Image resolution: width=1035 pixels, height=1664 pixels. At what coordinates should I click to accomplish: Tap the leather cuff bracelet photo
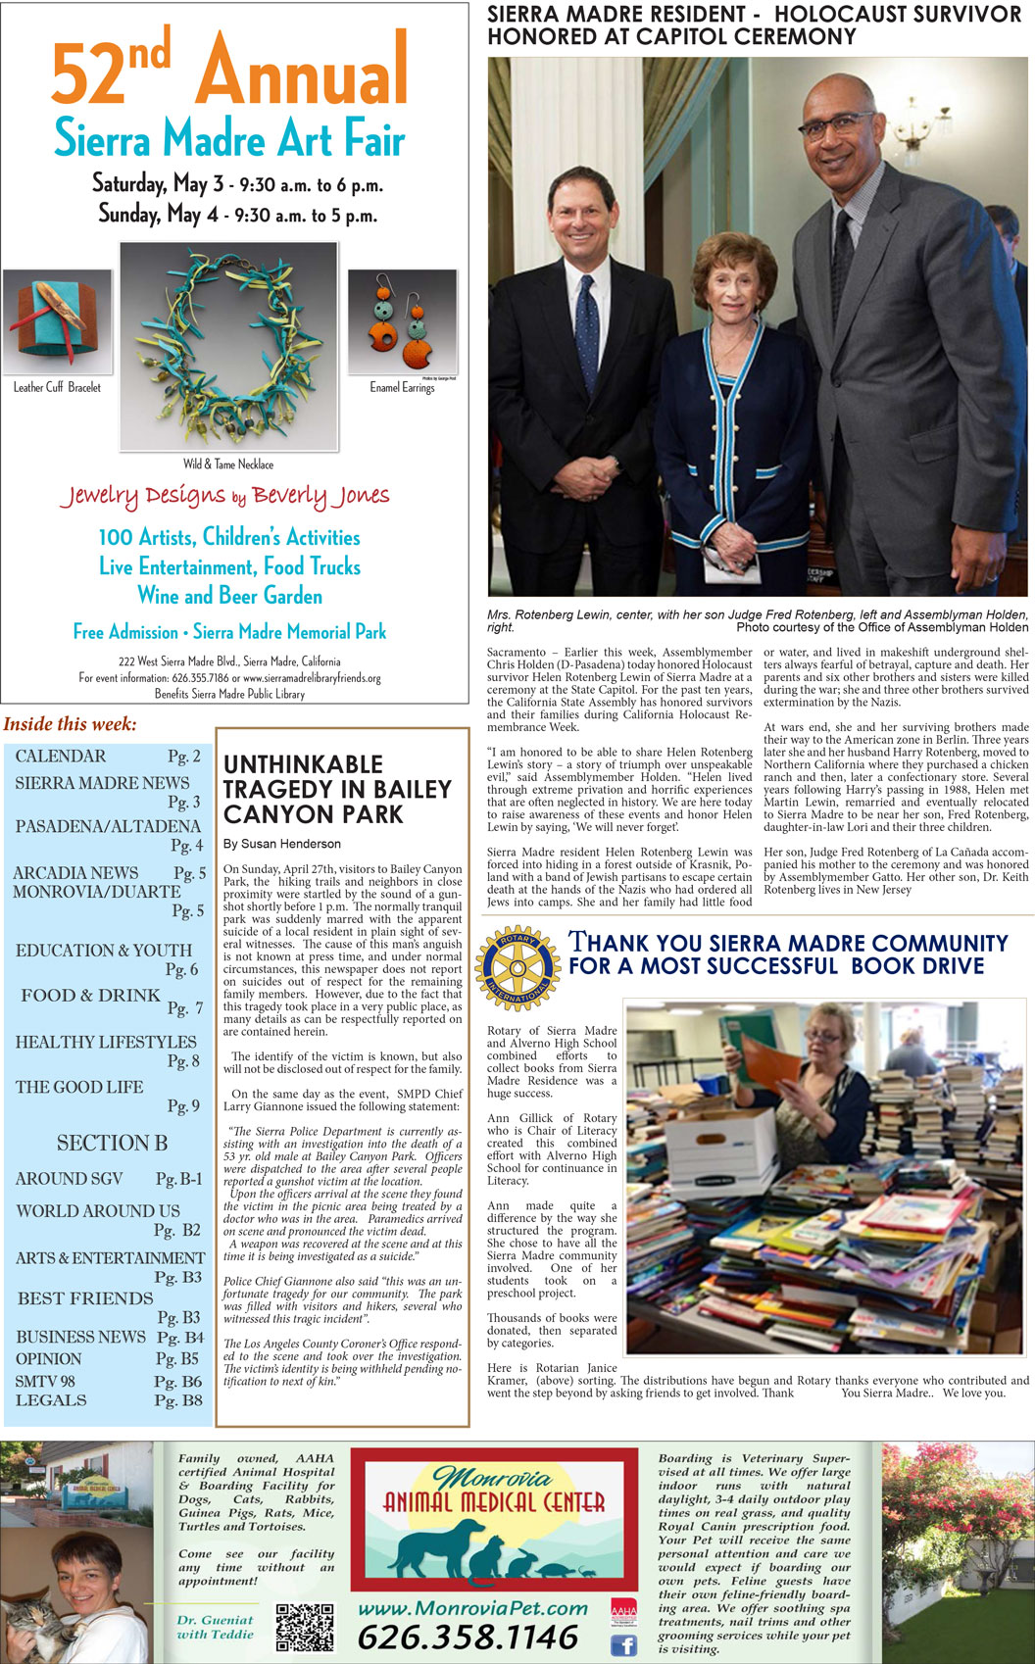[56, 323]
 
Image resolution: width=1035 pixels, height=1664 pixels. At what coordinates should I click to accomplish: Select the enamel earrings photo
[402, 320]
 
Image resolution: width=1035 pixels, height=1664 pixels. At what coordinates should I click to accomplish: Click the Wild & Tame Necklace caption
[228, 465]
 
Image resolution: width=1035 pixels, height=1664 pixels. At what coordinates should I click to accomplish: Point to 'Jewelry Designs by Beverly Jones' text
[224, 496]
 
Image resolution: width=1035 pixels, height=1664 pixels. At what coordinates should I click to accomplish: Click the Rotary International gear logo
[516, 968]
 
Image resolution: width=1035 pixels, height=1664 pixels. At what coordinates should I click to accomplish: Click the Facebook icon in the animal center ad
[623, 1645]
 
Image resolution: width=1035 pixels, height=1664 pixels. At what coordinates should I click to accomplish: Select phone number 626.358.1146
[468, 1638]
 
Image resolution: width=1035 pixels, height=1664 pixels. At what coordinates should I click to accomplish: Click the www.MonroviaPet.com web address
[472, 1608]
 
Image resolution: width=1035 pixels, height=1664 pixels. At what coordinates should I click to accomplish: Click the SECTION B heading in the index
[112, 1144]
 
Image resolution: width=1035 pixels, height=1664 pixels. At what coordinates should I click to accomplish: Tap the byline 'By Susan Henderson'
[282, 844]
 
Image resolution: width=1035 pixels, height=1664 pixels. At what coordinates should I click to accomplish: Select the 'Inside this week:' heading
[70, 725]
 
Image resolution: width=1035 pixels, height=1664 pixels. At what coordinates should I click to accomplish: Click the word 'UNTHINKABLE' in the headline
[303, 765]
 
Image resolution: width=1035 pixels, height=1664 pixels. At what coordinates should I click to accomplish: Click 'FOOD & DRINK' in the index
[90, 996]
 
